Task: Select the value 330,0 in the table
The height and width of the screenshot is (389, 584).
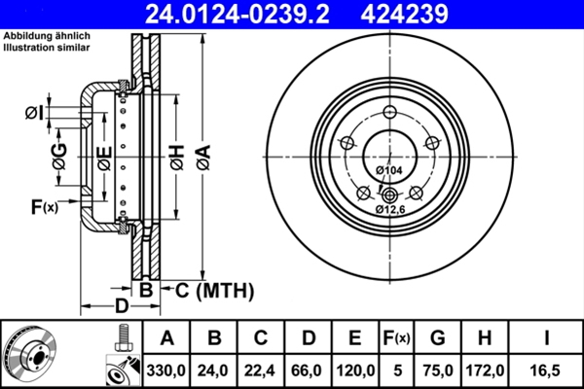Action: click(x=166, y=370)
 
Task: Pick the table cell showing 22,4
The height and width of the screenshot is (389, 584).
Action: click(x=260, y=370)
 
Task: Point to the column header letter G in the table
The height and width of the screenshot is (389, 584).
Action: click(x=437, y=338)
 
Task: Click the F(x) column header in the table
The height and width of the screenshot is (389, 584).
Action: click(x=396, y=338)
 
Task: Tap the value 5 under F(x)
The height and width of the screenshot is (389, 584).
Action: click(x=396, y=370)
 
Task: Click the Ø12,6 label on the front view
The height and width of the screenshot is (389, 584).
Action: click(x=391, y=208)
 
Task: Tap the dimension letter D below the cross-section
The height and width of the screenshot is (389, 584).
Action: click(x=120, y=306)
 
